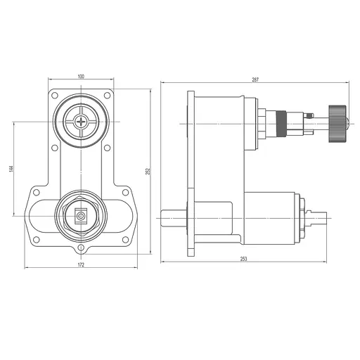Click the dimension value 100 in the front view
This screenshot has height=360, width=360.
pyautogui.click(x=81, y=75)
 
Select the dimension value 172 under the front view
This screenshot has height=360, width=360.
pyautogui.click(x=81, y=266)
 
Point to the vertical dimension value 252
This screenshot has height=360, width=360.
pyautogui.click(x=147, y=172)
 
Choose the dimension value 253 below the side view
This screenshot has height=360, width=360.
pyautogui.click(x=243, y=259)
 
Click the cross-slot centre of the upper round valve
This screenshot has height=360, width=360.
pyautogui.click(x=82, y=121)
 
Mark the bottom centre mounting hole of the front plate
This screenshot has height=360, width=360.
pyautogui.click(x=82, y=247)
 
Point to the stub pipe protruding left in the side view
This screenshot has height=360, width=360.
pyautogui.click(x=173, y=218)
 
